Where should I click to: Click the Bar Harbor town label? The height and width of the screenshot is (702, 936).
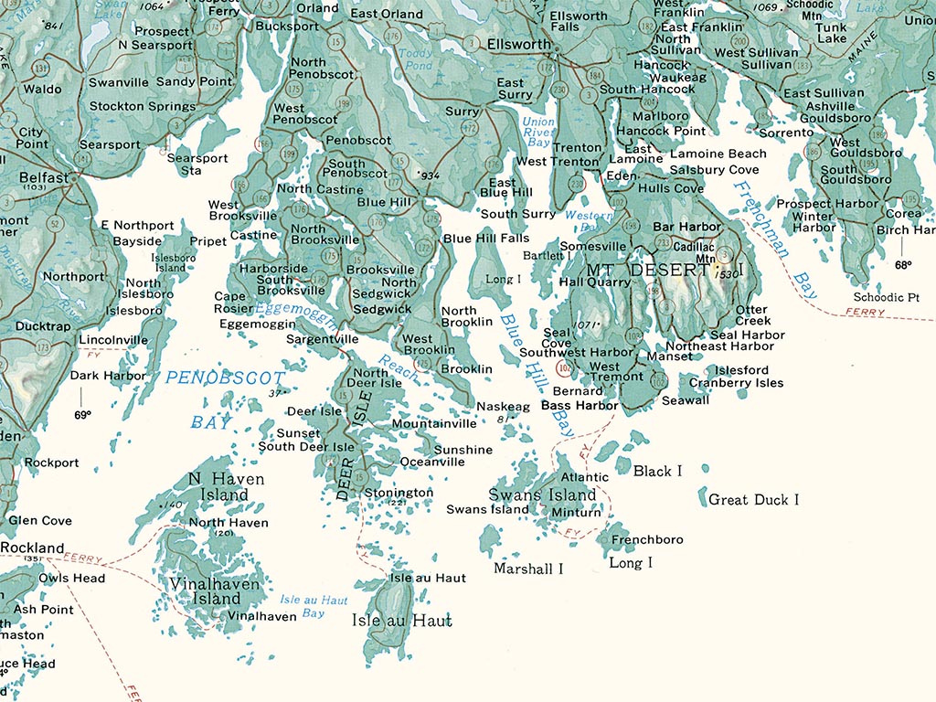click(686, 226)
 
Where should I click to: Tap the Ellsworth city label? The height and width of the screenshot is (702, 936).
click(520, 44)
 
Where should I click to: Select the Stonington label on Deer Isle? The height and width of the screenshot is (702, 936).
click(399, 493)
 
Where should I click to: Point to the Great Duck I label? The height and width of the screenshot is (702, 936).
click(754, 500)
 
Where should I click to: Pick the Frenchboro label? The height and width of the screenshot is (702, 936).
click(646, 539)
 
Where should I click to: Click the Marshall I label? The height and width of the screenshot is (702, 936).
click(528, 569)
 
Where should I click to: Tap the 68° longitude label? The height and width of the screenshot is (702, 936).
click(903, 265)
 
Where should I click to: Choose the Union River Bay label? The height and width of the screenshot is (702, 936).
click(538, 132)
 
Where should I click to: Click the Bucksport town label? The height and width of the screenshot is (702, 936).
click(287, 27)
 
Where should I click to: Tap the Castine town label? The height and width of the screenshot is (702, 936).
click(253, 235)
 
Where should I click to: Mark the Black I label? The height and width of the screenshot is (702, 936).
click(657, 472)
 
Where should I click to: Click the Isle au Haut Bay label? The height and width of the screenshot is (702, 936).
click(303, 606)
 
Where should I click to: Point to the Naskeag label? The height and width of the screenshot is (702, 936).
click(503, 406)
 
